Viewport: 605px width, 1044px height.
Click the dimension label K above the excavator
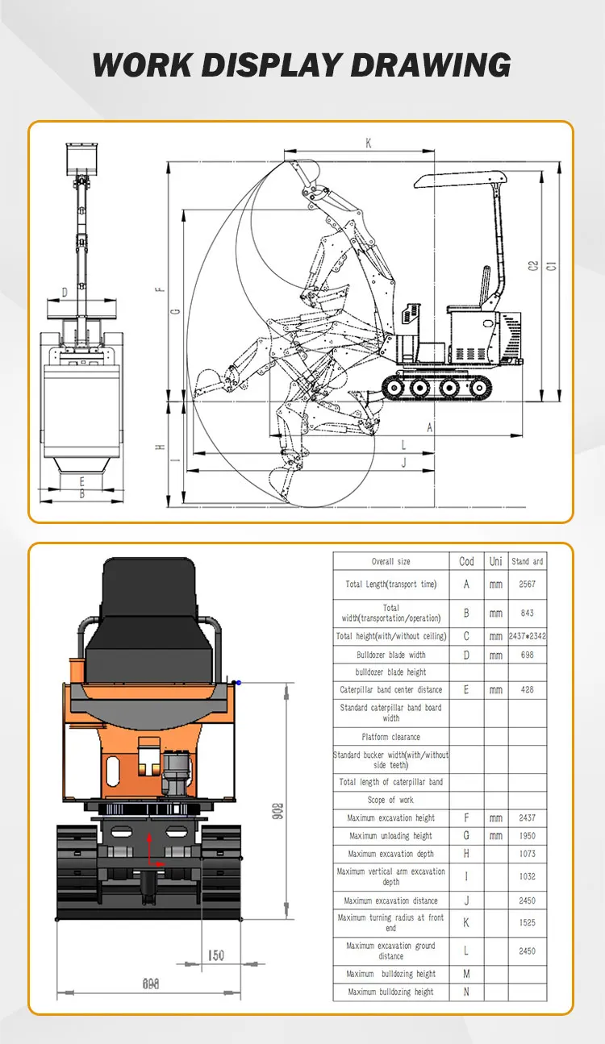click(x=369, y=143)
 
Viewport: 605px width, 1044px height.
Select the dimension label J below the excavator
click(x=403, y=462)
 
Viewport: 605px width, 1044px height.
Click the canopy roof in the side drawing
click(x=460, y=177)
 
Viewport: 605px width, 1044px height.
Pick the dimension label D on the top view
click(x=65, y=292)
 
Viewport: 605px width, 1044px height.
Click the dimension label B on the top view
click(x=81, y=494)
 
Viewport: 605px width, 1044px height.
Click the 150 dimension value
click(x=215, y=955)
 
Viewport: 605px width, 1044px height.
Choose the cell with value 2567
click(x=527, y=584)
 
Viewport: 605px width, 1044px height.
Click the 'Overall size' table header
click(x=390, y=561)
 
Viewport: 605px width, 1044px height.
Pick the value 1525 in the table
click(x=527, y=922)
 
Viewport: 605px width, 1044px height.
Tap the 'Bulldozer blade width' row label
click(x=390, y=655)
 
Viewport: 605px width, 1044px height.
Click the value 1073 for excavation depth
click(x=527, y=853)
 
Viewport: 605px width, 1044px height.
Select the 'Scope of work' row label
click(x=390, y=800)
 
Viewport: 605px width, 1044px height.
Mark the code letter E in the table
click(x=466, y=689)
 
